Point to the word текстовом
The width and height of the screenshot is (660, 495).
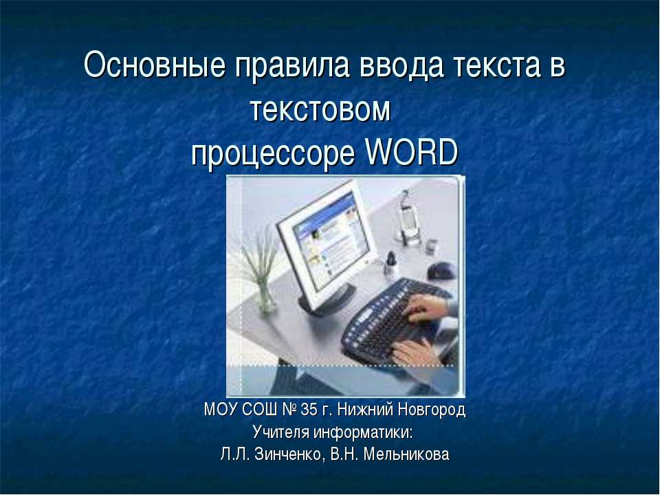point(320,110)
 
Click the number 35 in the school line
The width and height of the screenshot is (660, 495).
point(310,411)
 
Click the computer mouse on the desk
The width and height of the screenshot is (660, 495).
point(440,271)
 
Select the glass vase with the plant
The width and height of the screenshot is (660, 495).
point(265,296)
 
